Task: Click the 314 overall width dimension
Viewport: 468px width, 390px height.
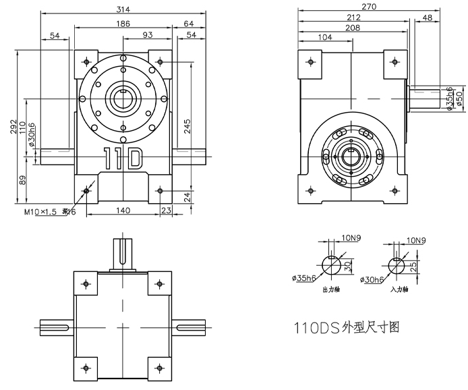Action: pyautogui.click(x=123, y=9)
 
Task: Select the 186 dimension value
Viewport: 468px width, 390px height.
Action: pyautogui.click(x=123, y=24)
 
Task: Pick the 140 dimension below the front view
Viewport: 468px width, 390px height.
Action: pyautogui.click(x=122, y=211)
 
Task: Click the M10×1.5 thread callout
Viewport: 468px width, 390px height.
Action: pyautogui.click(x=40, y=212)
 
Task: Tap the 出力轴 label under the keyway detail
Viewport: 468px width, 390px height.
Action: pyautogui.click(x=331, y=289)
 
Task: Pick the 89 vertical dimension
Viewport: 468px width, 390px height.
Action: pyautogui.click(x=22, y=179)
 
